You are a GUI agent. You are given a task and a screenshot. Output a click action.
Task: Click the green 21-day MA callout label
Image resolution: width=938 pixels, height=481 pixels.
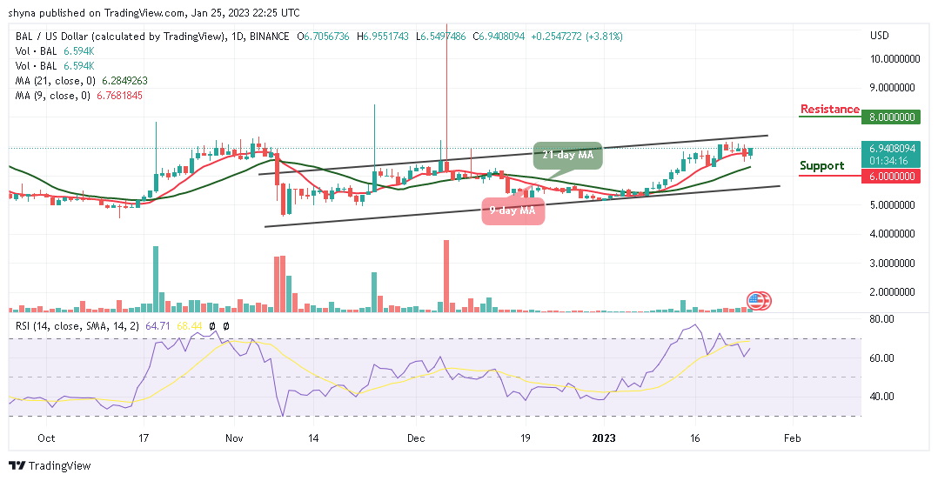[x=568, y=155]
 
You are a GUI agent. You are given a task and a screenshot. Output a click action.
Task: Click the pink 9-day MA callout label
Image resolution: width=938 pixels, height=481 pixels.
[x=513, y=210]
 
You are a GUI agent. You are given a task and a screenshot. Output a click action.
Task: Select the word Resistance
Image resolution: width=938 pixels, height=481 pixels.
[x=829, y=110]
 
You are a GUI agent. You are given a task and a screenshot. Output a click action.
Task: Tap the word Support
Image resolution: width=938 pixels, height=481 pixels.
[x=822, y=165]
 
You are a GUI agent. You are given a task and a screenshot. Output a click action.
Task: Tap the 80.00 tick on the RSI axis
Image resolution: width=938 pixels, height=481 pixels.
[x=883, y=319]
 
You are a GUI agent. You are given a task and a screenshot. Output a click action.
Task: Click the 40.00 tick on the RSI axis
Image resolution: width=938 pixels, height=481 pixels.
[x=883, y=397]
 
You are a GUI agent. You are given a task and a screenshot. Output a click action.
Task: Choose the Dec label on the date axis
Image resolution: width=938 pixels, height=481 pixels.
[x=415, y=438]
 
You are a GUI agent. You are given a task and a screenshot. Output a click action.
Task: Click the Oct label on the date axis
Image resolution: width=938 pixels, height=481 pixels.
[x=47, y=438]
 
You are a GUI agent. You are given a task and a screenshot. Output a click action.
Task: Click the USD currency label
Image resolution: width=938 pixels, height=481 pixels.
[x=880, y=36]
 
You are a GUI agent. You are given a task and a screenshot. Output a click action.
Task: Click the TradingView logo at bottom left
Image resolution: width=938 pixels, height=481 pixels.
[x=50, y=466]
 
